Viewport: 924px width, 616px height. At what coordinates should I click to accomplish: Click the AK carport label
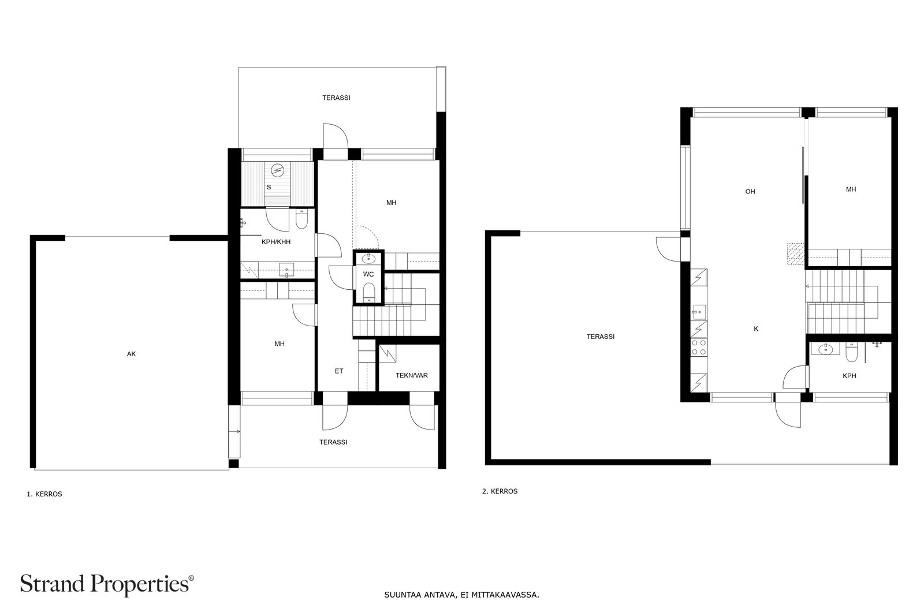point(131,354)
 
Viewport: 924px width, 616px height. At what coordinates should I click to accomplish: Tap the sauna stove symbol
point(278,170)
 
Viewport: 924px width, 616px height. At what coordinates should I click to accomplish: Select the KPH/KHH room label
point(276,242)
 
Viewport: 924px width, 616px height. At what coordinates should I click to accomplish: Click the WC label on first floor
point(368,274)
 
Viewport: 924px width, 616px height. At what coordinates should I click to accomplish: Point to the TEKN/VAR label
point(412,376)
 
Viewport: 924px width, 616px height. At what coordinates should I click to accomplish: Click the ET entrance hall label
point(339,371)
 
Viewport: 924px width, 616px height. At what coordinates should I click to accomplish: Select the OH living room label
point(750,192)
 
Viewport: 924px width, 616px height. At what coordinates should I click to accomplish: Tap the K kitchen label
point(756,329)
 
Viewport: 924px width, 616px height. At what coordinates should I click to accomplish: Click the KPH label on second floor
point(850,376)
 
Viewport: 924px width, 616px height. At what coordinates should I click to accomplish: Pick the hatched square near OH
point(796,253)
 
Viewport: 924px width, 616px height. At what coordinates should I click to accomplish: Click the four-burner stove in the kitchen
point(699,347)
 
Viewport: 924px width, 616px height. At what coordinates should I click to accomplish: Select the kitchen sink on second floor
point(698,312)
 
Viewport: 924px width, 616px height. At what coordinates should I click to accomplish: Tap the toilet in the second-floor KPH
point(851,353)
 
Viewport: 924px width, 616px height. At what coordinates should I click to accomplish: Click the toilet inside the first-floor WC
point(368,292)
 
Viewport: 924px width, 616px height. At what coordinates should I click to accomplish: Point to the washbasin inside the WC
point(368,259)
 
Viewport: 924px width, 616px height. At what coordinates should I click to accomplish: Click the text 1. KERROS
point(44,494)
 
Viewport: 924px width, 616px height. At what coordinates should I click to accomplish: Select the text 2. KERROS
point(500,491)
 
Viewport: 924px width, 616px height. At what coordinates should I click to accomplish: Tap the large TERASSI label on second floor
point(601,337)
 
